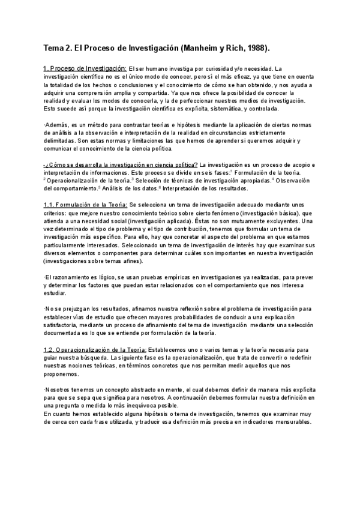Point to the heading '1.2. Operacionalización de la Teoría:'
[95, 349]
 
